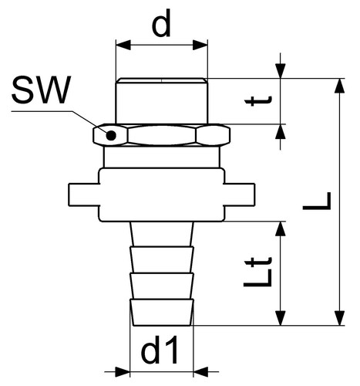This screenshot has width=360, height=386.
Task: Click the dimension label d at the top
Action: pyautogui.click(x=161, y=24)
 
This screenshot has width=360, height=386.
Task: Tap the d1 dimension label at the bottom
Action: pyautogui.click(x=160, y=350)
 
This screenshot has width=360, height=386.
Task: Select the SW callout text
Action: pyautogui.click(x=41, y=90)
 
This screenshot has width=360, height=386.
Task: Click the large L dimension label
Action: pyautogui.click(x=317, y=201)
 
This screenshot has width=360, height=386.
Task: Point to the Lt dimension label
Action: pyautogui.click(x=257, y=272)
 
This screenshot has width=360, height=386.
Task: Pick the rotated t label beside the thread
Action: pyautogui.click(x=257, y=101)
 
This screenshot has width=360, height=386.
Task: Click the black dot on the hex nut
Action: pyautogui.click(x=111, y=135)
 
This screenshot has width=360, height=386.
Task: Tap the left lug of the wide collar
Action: pyautogui.click(x=84, y=195)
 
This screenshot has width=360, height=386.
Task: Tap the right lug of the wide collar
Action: pyautogui.click(x=239, y=195)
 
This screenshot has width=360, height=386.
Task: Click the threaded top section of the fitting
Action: pyautogui.click(x=162, y=101)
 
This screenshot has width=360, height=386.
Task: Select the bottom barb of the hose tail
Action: pyautogui.click(x=162, y=313)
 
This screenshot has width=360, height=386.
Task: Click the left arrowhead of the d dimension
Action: pyautogui.click(x=123, y=45)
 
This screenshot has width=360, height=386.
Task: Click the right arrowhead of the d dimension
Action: pyautogui.click(x=200, y=45)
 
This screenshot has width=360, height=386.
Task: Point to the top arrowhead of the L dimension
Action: pyautogui.click(x=340, y=85)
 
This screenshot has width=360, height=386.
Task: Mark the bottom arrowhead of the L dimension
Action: pyautogui.click(x=340, y=318)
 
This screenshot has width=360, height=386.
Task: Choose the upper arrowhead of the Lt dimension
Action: pyautogui.click(x=281, y=229)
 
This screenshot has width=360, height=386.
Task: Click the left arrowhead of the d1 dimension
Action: pyautogui.click(x=123, y=371)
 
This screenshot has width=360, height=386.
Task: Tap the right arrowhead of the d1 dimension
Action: pyautogui.click(x=200, y=371)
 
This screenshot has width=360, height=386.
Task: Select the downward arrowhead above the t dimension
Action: pyautogui.click(x=281, y=70)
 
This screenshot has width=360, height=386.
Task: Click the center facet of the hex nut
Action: pyautogui.click(x=162, y=135)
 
